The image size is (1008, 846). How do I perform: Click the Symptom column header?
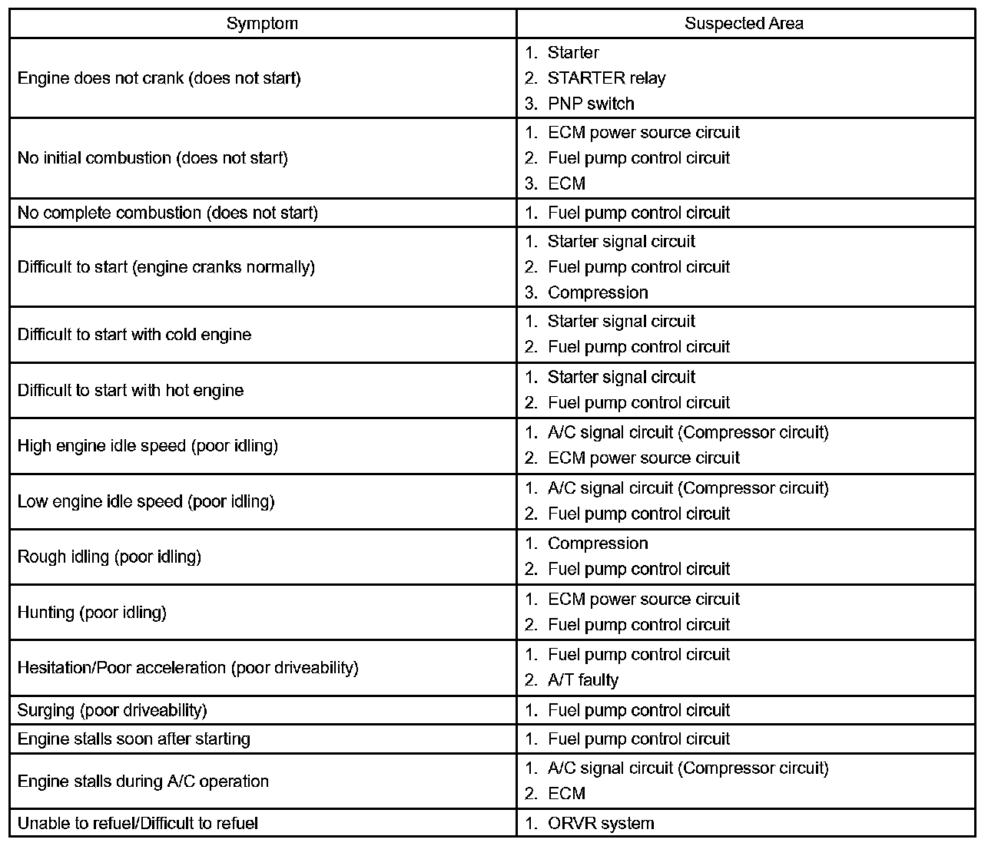click(262, 24)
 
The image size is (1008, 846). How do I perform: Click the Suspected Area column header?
click(744, 24)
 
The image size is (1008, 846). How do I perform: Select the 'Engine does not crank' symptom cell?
click(159, 78)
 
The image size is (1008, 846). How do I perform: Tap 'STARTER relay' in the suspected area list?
click(606, 78)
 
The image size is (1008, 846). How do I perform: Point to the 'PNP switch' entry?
click(590, 104)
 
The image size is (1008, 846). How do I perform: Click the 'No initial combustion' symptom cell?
click(153, 158)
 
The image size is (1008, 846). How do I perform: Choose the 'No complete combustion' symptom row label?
click(167, 213)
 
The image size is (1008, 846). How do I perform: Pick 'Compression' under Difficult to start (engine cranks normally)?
click(597, 292)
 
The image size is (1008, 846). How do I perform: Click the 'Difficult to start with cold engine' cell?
click(134, 335)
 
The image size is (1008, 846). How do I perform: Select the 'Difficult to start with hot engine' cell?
click(131, 390)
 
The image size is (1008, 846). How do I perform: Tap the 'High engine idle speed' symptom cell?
click(148, 446)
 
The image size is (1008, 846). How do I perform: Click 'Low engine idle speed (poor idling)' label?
click(146, 501)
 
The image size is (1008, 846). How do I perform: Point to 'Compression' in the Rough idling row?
click(597, 544)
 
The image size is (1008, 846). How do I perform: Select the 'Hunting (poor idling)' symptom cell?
click(92, 613)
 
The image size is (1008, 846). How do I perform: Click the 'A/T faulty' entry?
click(582, 680)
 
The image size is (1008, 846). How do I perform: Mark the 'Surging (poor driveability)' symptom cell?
click(112, 710)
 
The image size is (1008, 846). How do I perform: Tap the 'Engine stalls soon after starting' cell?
click(134, 739)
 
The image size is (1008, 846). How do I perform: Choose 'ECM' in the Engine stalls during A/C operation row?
click(566, 794)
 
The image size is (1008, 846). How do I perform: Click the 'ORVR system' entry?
click(600, 824)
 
